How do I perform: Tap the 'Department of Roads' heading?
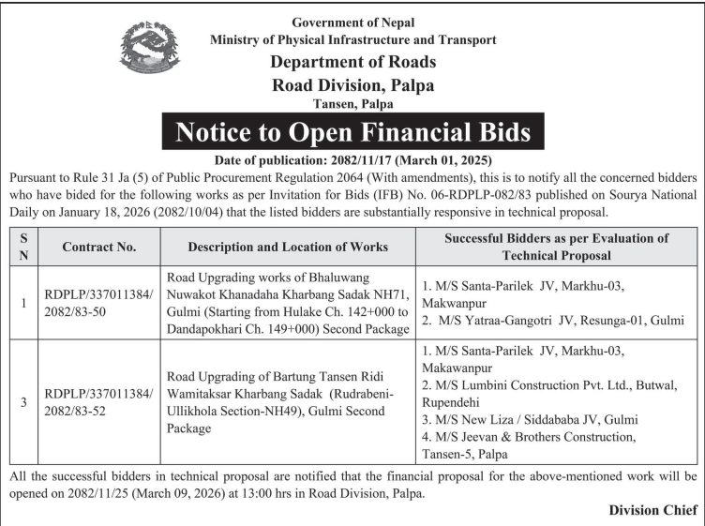(x=353, y=63)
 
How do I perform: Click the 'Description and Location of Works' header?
(x=288, y=247)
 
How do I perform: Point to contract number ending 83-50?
(x=98, y=304)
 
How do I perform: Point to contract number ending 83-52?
(x=98, y=403)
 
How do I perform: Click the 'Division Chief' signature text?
(x=652, y=510)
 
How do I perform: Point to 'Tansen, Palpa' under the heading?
(x=352, y=104)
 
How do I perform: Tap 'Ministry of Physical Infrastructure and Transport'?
(x=353, y=40)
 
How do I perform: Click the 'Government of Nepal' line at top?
(x=353, y=22)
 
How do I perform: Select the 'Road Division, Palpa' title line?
(x=353, y=85)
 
